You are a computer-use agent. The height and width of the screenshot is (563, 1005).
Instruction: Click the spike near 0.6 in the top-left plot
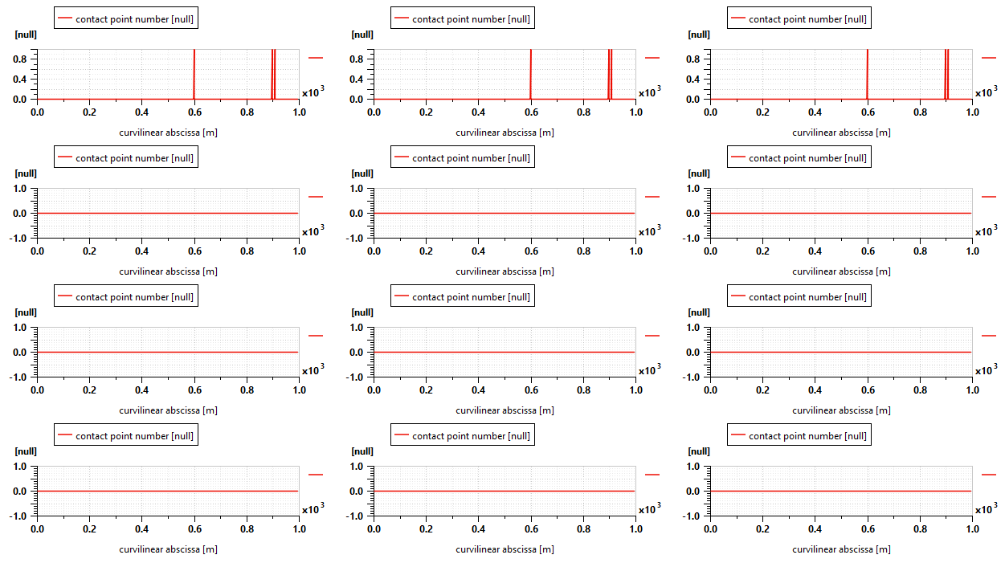(194, 74)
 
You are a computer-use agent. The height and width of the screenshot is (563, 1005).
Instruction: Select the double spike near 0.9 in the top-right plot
(946, 74)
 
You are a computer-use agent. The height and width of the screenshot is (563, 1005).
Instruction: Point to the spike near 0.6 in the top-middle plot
(531, 74)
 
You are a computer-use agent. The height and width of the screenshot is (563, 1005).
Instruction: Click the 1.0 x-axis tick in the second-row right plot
(972, 251)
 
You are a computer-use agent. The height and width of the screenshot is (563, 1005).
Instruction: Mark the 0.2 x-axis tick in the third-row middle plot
(426, 390)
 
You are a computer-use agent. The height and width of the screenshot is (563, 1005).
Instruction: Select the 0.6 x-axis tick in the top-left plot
(194, 112)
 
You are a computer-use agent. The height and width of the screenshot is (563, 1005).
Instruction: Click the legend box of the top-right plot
(799, 18)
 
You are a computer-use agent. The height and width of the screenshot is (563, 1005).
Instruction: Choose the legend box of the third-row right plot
(799, 296)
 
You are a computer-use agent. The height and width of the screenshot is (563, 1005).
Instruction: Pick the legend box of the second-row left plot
(125, 157)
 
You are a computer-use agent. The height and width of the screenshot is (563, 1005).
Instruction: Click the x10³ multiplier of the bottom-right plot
(986, 508)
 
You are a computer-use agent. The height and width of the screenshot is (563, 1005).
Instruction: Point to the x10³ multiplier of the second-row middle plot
(649, 231)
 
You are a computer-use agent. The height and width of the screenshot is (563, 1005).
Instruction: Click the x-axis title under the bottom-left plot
(168, 549)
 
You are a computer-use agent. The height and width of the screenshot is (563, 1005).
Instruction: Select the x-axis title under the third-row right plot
(841, 410)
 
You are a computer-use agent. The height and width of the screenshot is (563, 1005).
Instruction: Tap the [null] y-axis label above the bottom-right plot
(699, 451)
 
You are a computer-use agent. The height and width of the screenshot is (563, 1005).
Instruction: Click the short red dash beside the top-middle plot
(652, 58)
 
